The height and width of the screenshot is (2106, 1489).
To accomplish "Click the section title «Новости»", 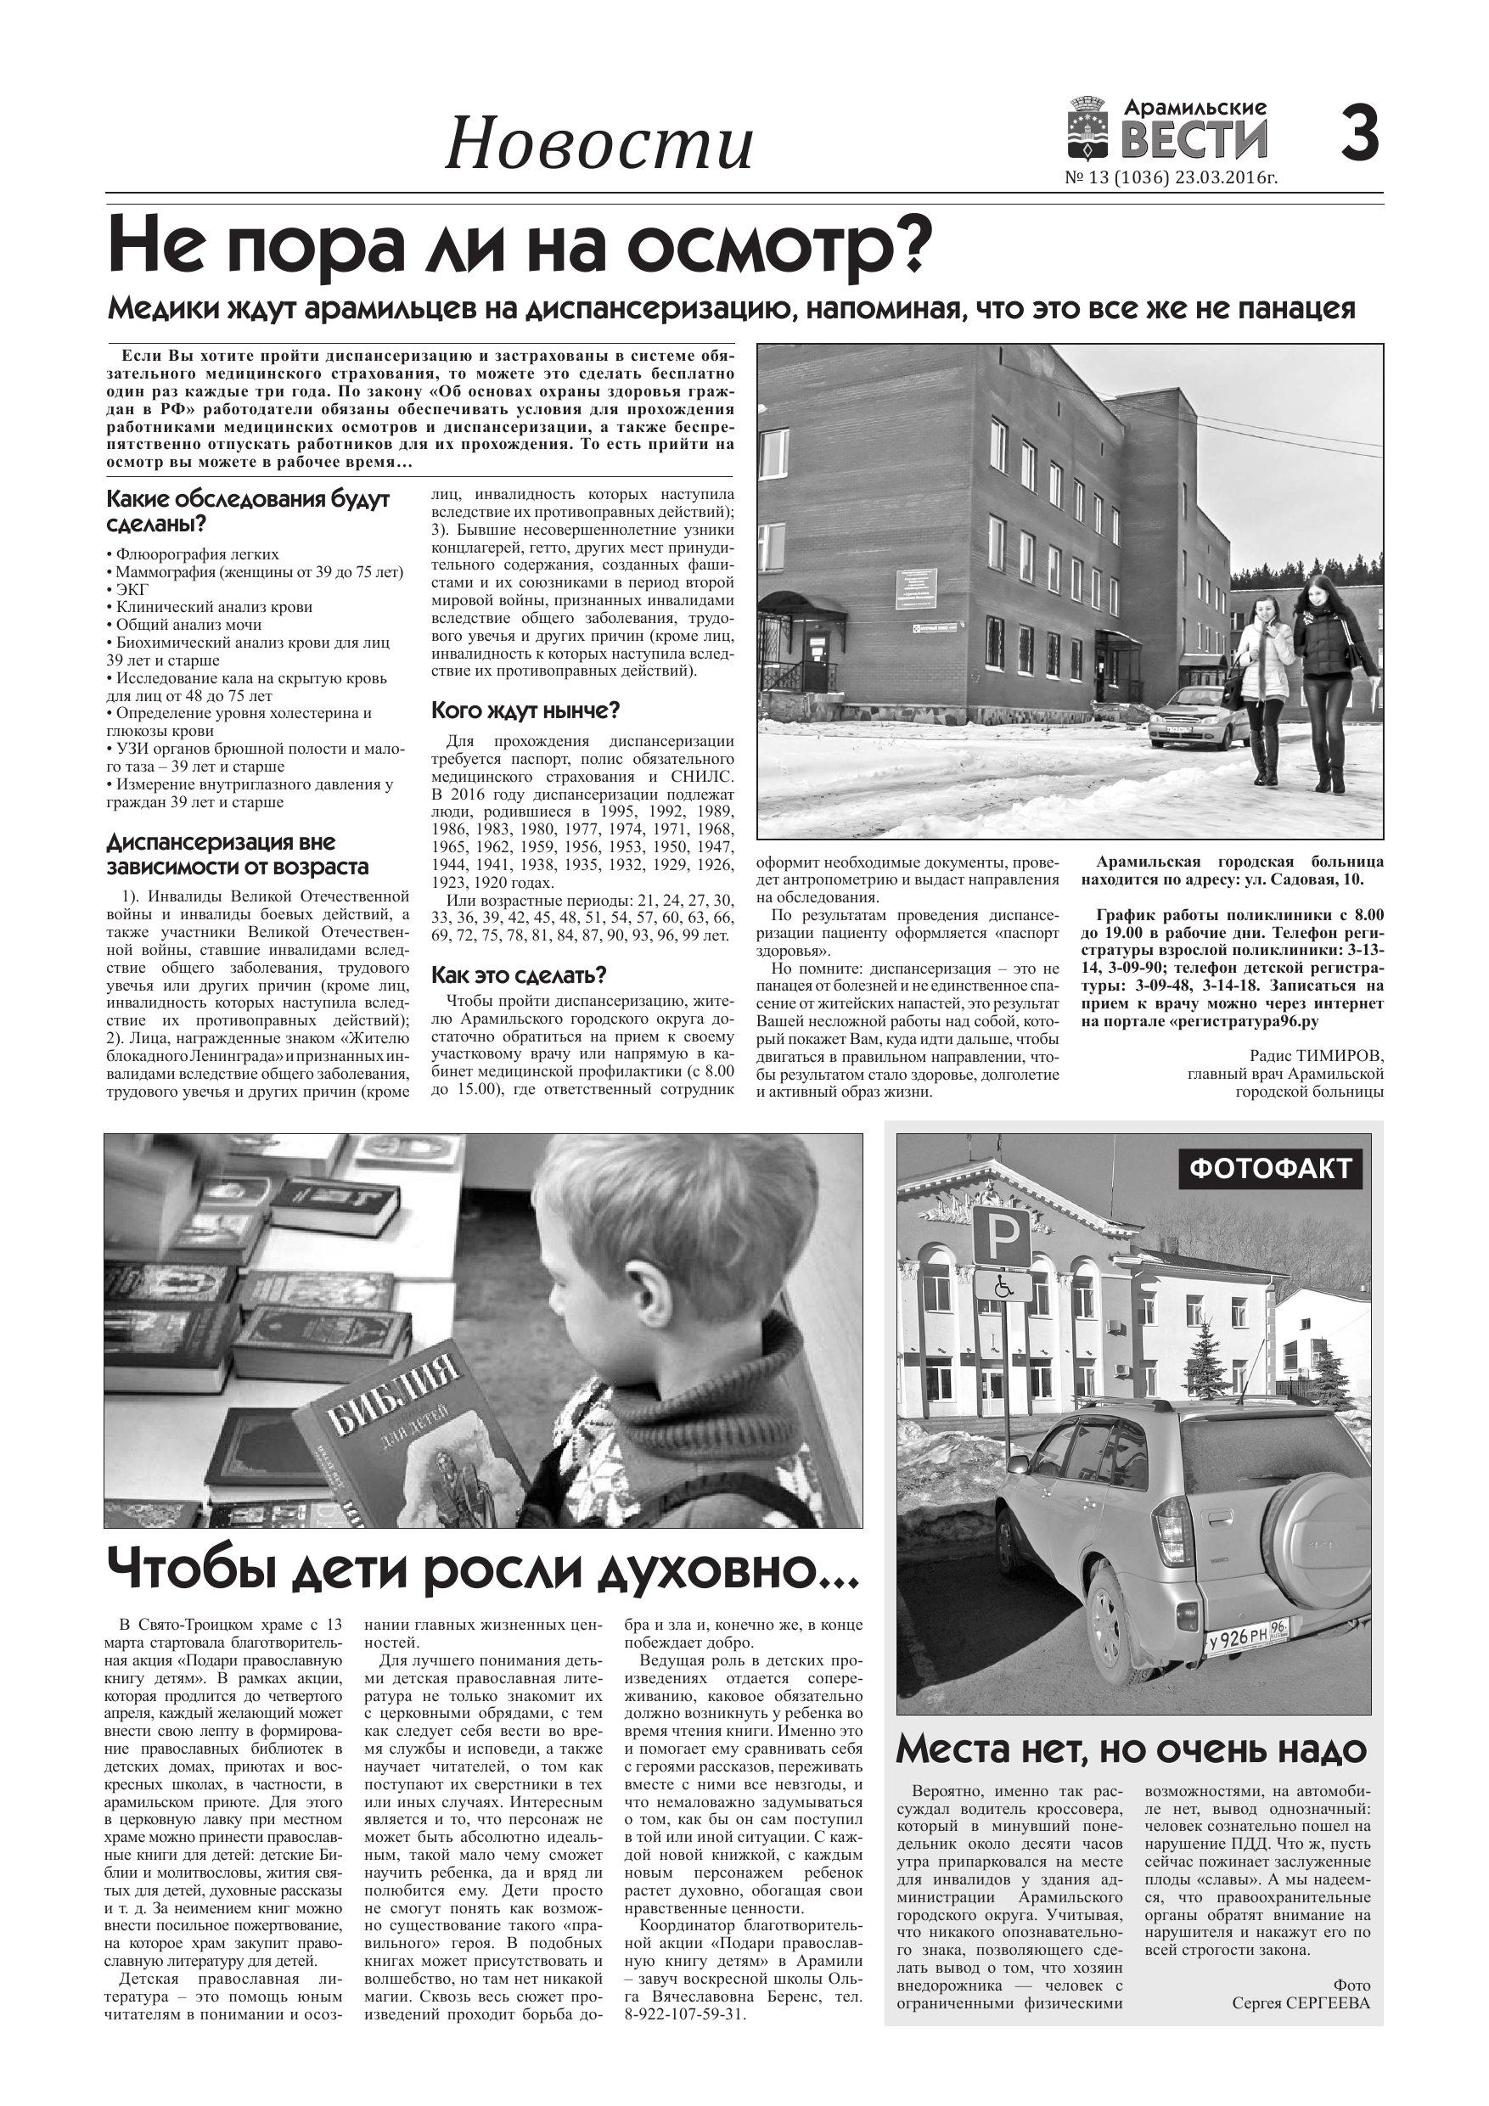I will pyautogui.click(x=598, y=145).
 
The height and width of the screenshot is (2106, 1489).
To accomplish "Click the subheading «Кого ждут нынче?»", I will pyautogui.click(x=525, y=710).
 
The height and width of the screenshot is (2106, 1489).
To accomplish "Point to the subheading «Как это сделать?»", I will pyautogui.click(x=519, y=975).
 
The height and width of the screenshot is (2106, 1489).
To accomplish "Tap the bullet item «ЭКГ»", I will pyautogui.click(x=132, y=589).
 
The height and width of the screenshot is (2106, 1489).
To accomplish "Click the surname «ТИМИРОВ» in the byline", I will pyautogui.click(x=1343, y=1056).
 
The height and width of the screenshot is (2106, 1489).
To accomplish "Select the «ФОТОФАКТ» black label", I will pyautogui.click(x=1271, y=1168).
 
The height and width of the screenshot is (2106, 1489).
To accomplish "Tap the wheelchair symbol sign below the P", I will pyautogui.click(x=1001, y=1286).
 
